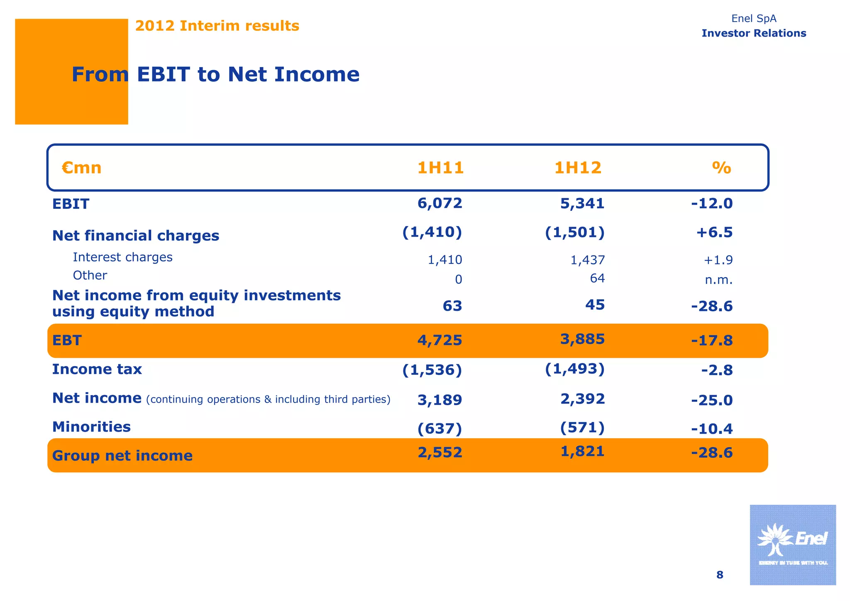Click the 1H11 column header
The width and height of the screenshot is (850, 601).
click(x=440, y=168)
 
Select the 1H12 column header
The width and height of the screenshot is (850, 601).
click(x=578, y=168)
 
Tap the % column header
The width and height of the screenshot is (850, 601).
click(x=721, y=168)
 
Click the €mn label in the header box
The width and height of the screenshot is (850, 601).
click(x=82, y=168)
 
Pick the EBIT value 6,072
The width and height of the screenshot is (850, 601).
click(x=440, y=203)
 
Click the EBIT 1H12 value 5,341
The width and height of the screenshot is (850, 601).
click(x=582, y=203)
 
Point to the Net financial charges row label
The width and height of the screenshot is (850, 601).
click(x=136, y=235)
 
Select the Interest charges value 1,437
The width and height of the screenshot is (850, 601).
click(x=587, y=260)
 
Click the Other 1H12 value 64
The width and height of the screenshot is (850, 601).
click(x=597, y=278)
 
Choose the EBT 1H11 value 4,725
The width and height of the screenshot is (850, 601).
click(x=440, y=340)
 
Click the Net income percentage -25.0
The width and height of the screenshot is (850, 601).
click(x=712, y=400)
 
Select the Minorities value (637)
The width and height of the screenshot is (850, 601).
click(x=440, y=428)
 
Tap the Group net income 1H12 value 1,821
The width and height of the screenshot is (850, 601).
click(x=582, y=451)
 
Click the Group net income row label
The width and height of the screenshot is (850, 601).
click(x=122, y=456)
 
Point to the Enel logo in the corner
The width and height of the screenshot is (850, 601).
click(x=792, y=545)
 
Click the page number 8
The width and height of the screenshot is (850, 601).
click(x=720, y=575)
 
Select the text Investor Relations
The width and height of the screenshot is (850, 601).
click(x=754, y=33)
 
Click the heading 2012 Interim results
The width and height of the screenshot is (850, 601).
click(x=217, y=26)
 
